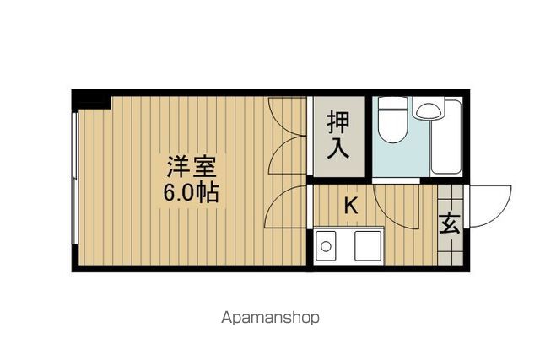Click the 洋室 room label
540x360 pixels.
click(x=192, y=164)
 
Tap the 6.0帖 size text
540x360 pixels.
click(x=191, y=192)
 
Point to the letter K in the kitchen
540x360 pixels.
click(x=350, y=204)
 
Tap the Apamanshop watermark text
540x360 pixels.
click(x=270, y=319)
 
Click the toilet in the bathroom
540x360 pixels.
click(x=391, y=122)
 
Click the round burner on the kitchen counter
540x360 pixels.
click(x=326, y=246)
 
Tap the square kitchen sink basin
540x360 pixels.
click(x=368, y=245)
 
